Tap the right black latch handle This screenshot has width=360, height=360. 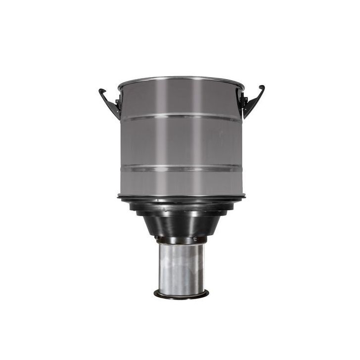(x=253, y=103)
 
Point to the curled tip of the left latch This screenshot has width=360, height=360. (x=101, y=91)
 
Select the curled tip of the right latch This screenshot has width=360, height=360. (x=262, y=88)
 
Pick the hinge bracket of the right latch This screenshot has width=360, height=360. (x=243, y=102)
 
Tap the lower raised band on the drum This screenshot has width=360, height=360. (x=180, y=168)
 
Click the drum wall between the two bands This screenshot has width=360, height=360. (x=180, y=143)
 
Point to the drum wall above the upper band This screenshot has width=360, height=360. (x=180, y=99)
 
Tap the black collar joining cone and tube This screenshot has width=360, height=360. (x=180, y=240)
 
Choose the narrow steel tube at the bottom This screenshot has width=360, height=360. (x=180, y=267)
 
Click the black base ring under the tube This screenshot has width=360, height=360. (x=180, y=295)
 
